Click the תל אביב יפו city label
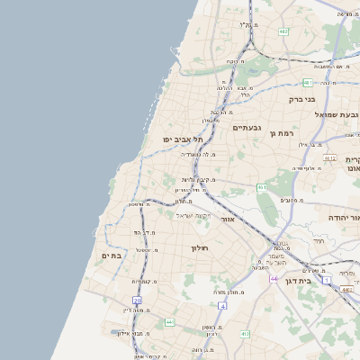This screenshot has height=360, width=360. (183, 139)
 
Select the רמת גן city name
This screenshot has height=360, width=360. (282, 133)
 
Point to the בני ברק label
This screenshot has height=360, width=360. (301, 100)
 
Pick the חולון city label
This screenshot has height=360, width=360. (199, 247)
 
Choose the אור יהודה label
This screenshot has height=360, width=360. (343, 219)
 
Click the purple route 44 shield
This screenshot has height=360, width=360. (273, 279)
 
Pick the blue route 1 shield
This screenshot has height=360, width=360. (327, 281)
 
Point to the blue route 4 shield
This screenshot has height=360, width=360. (222, 306)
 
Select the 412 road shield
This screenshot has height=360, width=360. (244, 333)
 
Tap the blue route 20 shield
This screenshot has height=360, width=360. (137, 301)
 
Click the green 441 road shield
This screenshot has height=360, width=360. (169, 321)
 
